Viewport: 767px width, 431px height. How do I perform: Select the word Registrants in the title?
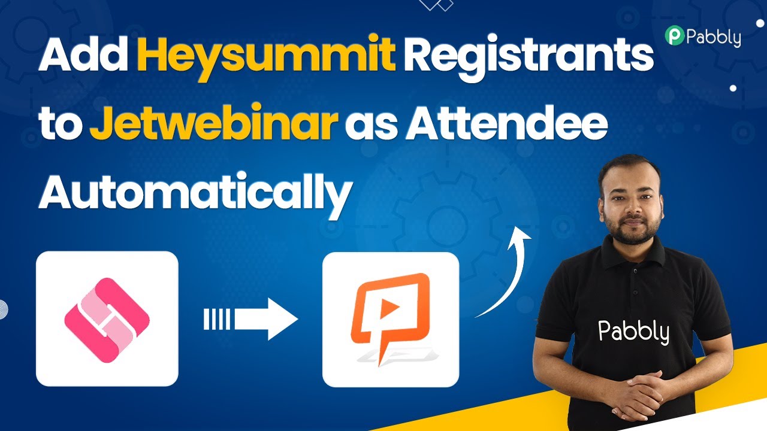click(x=529, y=57)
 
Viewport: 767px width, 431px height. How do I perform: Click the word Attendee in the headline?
click(x=506, y=122)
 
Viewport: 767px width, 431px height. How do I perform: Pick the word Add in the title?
click(x=83, y=54)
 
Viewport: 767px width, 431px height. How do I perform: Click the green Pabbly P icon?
click(x=675, y=35)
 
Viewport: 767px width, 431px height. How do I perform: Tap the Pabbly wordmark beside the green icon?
click(x=714, y=38)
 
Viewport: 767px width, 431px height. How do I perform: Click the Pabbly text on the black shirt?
click(x=633, y=332)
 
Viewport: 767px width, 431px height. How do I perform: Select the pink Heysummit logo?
click(x=107, y=320)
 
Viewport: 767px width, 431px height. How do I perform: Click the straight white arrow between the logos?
click(x=250, y=319)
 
